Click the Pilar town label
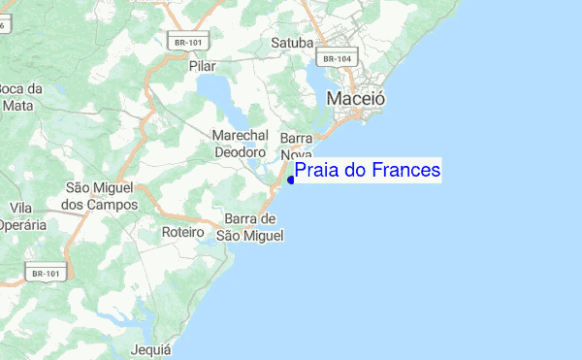tap(202, 66)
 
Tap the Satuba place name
tap(292, 44)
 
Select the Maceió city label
tap(356, 98)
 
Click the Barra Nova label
tap(296, 147)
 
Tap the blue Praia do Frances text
tap(368, 171)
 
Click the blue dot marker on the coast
tap(291, 180)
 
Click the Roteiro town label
tap(181, 233)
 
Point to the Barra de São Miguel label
tap(250, 227)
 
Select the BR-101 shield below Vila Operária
tap(48, 273)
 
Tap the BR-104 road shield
tap(337, 58)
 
